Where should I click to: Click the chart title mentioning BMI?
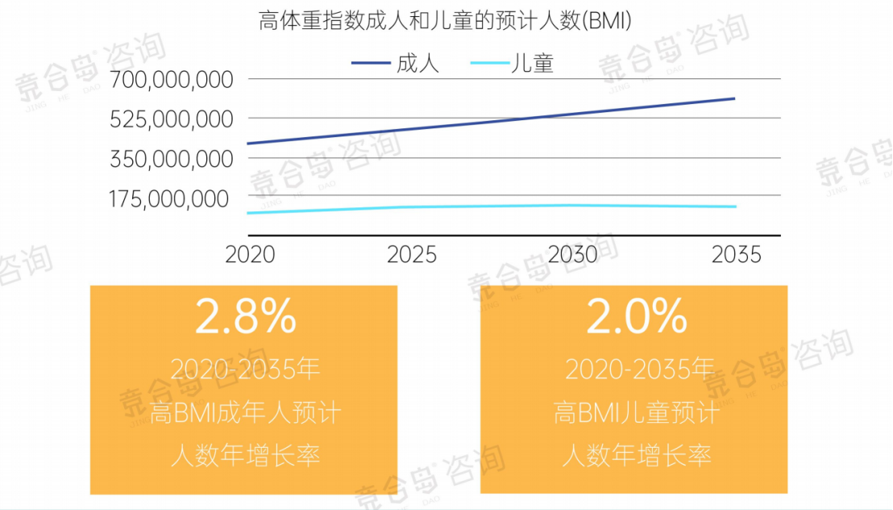pyautogui.click(x=445, y=21)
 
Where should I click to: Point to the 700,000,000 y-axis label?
pyautogui.click(x=172, y=80)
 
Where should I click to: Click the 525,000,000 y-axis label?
pyautogui.click(x=172, y=119)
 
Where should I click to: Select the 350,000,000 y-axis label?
pyautogui.click(x=172, y=159)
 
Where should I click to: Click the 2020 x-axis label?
pyautogui.click(x=250, y=255)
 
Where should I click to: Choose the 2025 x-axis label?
pyautogui.click(x=412, y=255)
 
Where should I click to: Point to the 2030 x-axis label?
pyautogui.click(x=573, y=255)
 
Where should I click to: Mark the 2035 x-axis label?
pyautogui.click(x=737, y=255)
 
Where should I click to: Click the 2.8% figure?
pyautogui.click(x=245, y=317)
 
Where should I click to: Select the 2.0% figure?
pyautogui.click(x=636, y=317)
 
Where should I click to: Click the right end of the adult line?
pyautogui.click(x=733, y=98)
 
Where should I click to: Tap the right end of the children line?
pyautogui.click(x=734, y=207)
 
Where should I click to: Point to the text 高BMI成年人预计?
pyautogui.click(x=245, y=414)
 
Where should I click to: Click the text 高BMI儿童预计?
pyautogui.click(x=636, y=414)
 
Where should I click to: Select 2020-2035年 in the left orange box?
pyautogui.click(x=245, y=370)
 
